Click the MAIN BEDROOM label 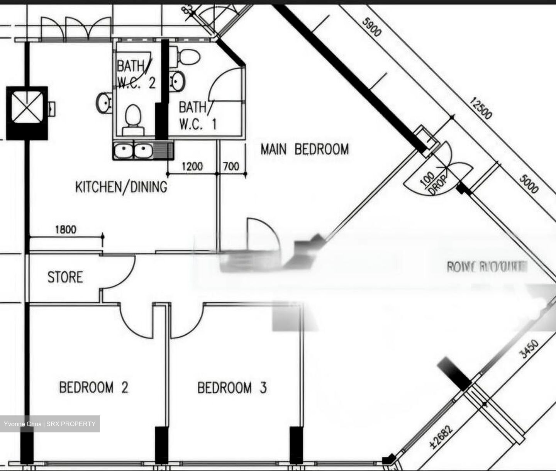304,149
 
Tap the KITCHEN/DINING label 121,187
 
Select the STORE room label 65,277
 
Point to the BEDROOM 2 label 93,387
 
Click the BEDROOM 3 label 232,388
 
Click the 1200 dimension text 192,166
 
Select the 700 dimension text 231,166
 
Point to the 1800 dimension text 66,230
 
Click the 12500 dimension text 481,108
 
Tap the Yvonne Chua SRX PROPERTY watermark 50,424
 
